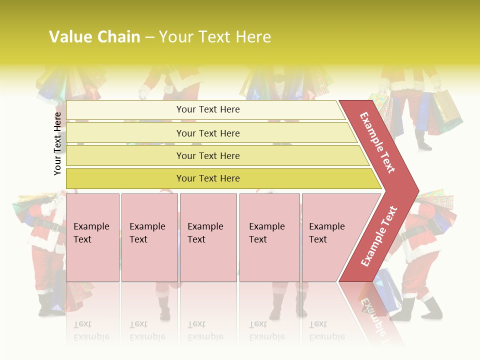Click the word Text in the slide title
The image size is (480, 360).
(x=213, y=37)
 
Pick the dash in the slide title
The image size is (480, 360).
(x=149, y=37)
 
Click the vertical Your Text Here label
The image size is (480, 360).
(x=57, y=143)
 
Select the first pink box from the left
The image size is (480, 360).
(x=92, y=237)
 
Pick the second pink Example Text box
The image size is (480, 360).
(x=149, y=237)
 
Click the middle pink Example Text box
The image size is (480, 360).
(x=208, y=237)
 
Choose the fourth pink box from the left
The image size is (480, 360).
(x=269, y=237)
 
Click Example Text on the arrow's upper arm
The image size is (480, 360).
(x=377, y=142)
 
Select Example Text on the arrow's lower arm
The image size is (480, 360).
(x=379, y=236)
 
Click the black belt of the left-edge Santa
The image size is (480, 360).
(x=47, y=225)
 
